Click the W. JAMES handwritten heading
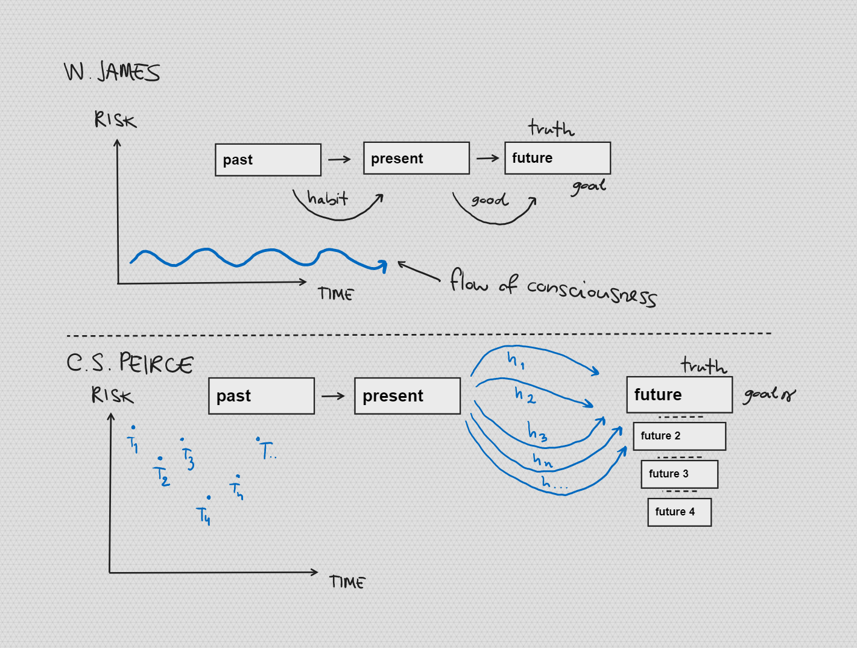pos(112,72)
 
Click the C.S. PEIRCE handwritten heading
pos(130,363)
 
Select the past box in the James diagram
pos(268,160)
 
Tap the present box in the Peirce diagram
pos(408,396)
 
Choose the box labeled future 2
pos(680,436)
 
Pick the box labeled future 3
pos(680,474)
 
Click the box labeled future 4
pos(680,512)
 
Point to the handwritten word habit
pos(327,198)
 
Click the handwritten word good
pos(490,200)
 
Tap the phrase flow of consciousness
pos(554,288)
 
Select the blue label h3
pos(537,432)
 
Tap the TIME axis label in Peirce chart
pos(347,582)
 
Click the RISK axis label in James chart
pos(115,119)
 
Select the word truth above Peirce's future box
pos(704,365)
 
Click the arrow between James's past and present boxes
pos(340,159)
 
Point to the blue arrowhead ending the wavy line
pos(382,266)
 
